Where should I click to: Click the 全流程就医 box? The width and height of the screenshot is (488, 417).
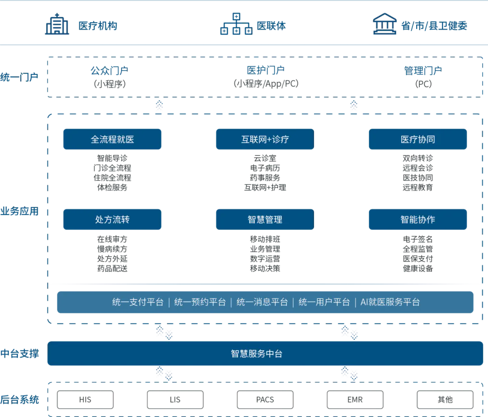pyautogui.click(x=112, y=139)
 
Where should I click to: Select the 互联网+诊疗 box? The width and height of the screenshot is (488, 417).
pyautogui.click(x=265, y=139)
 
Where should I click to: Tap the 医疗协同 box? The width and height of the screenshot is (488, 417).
pyautogui.click(x=418, y=139)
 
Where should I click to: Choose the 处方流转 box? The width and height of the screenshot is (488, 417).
pyautogui.click(x=112, y=220)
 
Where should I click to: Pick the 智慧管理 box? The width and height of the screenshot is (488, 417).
pyautogui.click(x=265, y=220)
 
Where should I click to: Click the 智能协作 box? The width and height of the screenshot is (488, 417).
pyautogui.click(x=418, y=220)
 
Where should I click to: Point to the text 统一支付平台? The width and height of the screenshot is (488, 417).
pyautogui.click(x=138, y=302)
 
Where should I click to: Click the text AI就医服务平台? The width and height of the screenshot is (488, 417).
pyautogui.click(x=390, y=302)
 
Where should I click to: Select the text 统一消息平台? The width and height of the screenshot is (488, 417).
pyautogui.click(x=262, y=302)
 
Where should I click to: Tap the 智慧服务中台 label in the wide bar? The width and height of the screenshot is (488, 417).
pyautogui.click(x=257, y=354)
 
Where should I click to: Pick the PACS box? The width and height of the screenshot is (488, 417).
pyautogui.click(x=265, y=399)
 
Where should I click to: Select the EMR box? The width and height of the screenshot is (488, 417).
pyautogui.click(x=355, y=399)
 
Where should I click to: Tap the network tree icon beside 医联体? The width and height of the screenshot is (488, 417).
pyautogui.click(x=235, y=24)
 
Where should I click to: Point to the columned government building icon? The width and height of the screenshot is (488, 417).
pyautogui.click(x=385, y=25)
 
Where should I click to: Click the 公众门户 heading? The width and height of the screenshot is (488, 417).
pyautogui.click(x=110, y=70)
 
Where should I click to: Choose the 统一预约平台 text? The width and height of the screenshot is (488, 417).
pyautogui.click(x=200, y=302)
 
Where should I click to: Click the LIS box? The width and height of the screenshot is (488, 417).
pyautogui.click(x=175, y=399)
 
